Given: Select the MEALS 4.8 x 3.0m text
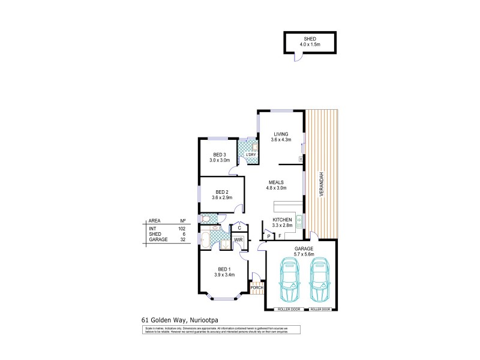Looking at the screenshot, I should coord(277,185).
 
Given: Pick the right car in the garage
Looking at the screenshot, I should coord(320,281).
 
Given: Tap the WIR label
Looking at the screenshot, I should coord(238,240).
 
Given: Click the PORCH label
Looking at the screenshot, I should coord(257,287).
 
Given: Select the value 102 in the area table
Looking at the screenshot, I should coord(181,229).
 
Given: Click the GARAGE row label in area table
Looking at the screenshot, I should coord(157,239).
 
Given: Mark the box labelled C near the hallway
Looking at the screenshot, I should coord(239,227).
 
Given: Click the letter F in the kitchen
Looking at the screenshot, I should coord(280,236).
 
